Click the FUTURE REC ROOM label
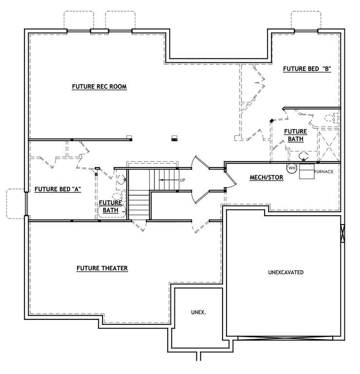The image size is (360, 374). click(x=99, y=87)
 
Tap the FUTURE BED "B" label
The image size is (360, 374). click(x=307, y=69)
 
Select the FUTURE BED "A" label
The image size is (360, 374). click(x=57, y=189)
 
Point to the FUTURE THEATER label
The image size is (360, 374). click(x=102, y=268)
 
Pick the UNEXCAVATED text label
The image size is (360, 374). click(x=286, y=272)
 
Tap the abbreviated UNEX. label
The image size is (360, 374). click(x=198, y=312)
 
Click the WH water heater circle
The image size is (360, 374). click(x=292, y=168)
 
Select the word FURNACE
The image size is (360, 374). click(x=323, y=171)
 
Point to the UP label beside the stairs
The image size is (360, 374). click(x=183, y=180)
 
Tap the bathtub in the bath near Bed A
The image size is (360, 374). click(x=112, y=211)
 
